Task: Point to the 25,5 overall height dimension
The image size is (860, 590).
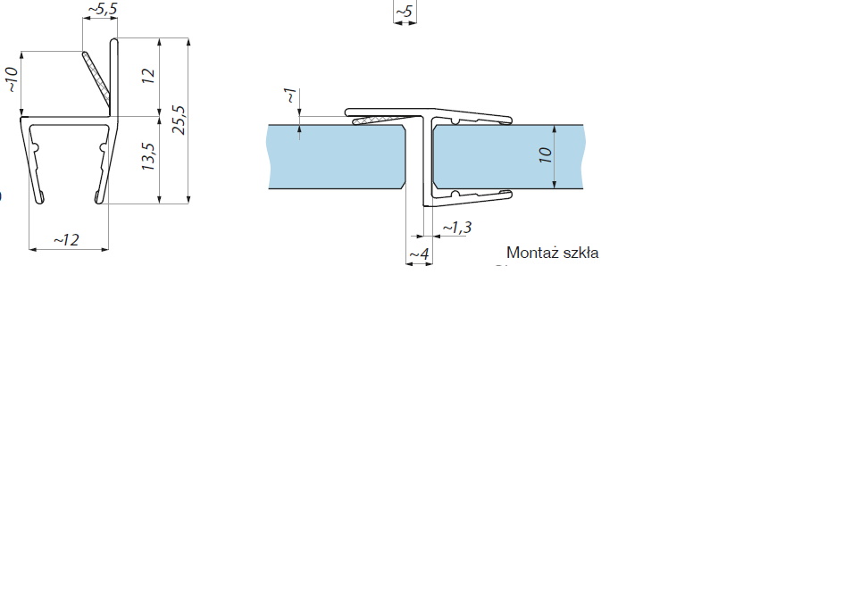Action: pyautogui.click(x=179, y=120)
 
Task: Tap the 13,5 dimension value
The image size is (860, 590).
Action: pyautogui.click(x=148, y=156)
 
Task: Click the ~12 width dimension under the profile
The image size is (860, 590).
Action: pyautogui.click(x=67, y=239)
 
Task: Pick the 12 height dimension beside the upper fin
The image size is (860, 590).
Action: pyautogui.click(x=148, y=76)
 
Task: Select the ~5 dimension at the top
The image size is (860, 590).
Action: pyautogui.click(x=404, y=12)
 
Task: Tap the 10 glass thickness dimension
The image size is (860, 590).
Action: pyautogui.click(x=546, y=155)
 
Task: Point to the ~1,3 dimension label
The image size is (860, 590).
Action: pyautogui.click(x=456, y=229)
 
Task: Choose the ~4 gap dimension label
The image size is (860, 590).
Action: pyautogui.click(x=419, y=254)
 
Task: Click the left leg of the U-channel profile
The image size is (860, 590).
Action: pyautogui.click(x=34, y=161)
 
